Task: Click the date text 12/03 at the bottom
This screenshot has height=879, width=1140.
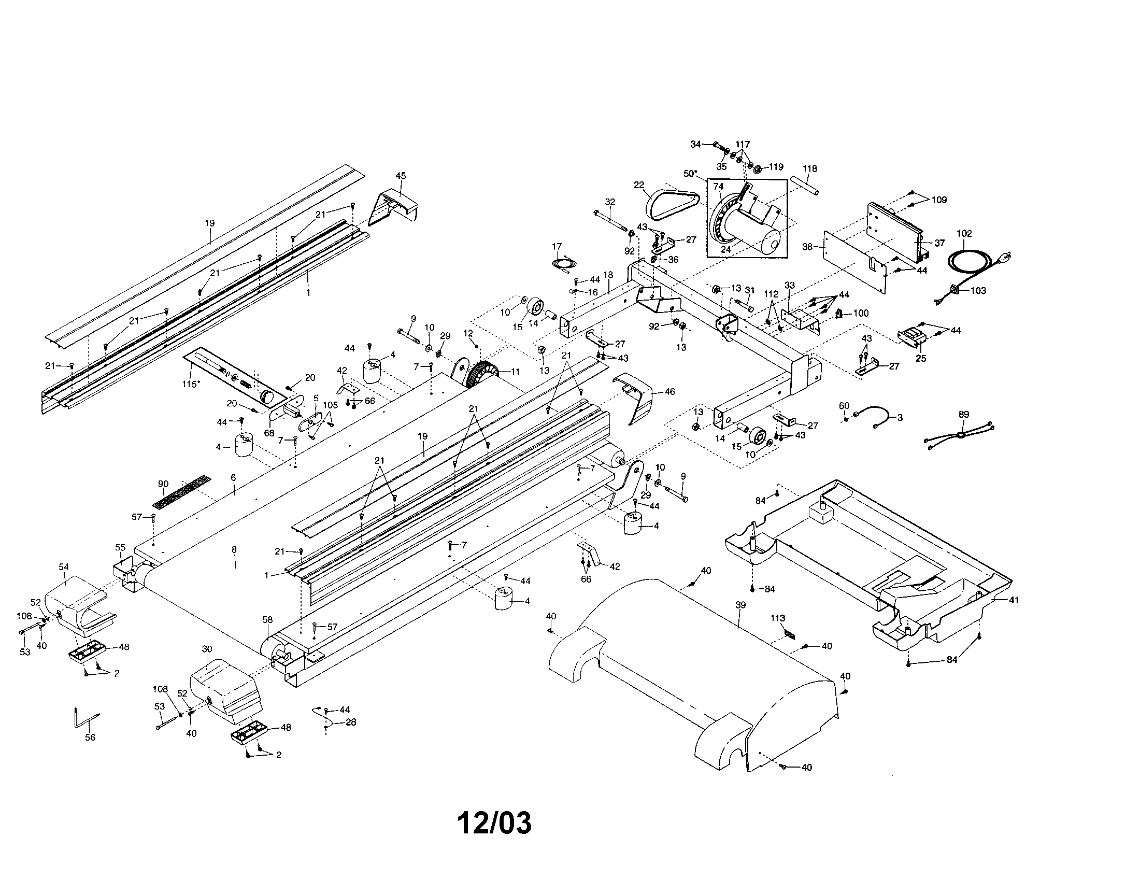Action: tap(494, 823)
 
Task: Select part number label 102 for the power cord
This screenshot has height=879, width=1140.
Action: tap(964, 234)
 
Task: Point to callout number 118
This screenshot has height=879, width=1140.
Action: tap(809, 168)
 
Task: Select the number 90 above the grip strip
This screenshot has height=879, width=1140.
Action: tap(163, 484)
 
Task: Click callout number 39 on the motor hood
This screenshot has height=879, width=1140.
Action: tap(740, 605)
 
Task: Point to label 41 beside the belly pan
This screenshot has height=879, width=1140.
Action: tap(1013, 600)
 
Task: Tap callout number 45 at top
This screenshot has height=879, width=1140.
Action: tap(401, 176)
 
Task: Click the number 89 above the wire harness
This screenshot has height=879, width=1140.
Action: tap(964, 415)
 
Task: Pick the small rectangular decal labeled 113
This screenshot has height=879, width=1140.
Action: tap(790, 635)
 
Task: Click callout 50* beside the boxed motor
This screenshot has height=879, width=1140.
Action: tap(690, 173)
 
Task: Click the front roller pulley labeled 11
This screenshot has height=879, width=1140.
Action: tap(483, 372)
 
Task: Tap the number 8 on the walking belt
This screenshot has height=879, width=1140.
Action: tap(234, 550)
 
